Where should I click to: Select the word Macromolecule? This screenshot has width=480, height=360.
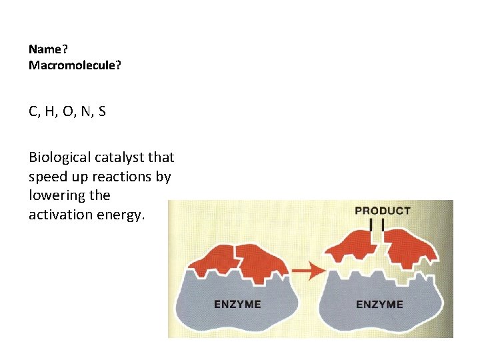pos(75,65)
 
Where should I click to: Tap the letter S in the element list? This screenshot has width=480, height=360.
pos(101,111)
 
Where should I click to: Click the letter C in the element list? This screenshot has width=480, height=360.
pos(33,111)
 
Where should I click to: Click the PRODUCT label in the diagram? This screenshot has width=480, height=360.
pos(382,211)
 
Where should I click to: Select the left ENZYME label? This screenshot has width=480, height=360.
pos(237,304)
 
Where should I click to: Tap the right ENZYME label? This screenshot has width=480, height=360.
pos(379,304)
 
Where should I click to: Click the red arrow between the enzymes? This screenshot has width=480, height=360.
pos(306,271)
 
